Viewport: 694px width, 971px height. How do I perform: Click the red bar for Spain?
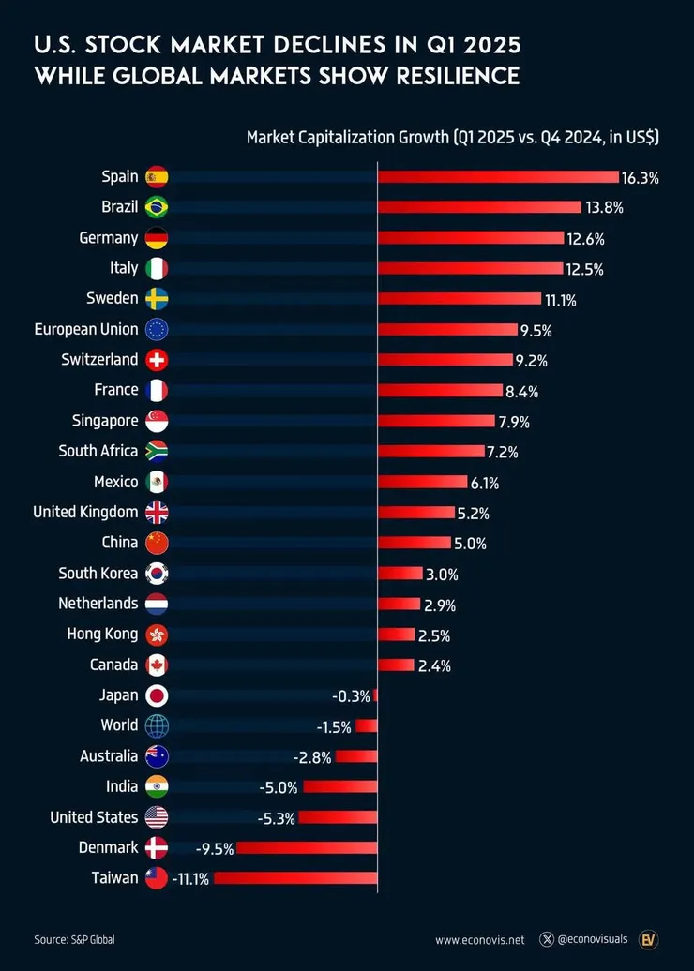click(498, 176)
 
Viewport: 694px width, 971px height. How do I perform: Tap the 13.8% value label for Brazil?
click(604, 207)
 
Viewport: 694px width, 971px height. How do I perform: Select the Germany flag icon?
click(157, 238)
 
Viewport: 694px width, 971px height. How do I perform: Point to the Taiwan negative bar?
click(295, 878)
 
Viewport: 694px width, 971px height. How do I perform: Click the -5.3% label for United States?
click(276, 818)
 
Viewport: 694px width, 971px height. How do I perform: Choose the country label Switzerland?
click(99, 359)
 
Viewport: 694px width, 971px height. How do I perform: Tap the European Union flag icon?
click(157, 329)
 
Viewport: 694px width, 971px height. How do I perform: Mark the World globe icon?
click(157, 725)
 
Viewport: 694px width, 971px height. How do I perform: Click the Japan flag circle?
click(157, 695)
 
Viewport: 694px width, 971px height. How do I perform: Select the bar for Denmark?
click(307, 848)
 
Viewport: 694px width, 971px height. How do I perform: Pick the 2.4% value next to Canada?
click(434, 665)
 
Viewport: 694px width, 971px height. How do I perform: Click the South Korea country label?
click(98, 573)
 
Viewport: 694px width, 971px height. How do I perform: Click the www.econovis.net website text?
click(479, 939)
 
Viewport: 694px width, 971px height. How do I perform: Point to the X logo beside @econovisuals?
click(547, 939)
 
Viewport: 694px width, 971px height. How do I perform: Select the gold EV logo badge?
click(648, 939)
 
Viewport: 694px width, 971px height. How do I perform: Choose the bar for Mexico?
click(422, 482)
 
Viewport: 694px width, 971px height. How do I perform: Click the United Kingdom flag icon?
click(157, 513)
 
